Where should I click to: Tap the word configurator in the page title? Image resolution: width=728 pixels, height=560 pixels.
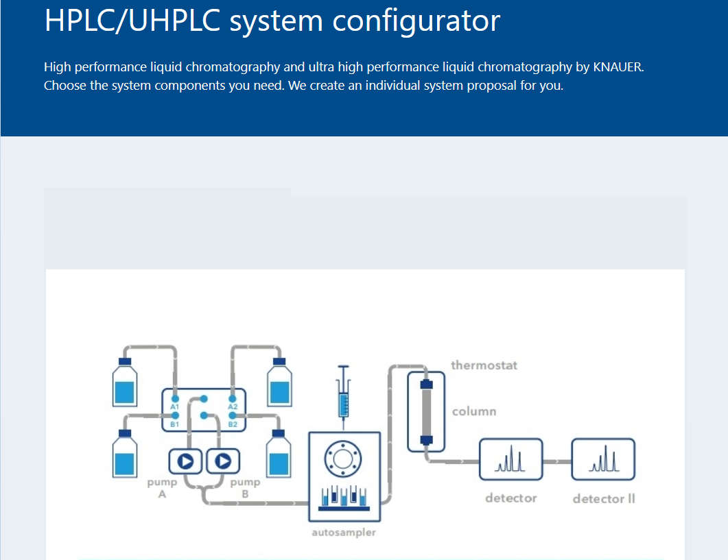(x=417, y=21)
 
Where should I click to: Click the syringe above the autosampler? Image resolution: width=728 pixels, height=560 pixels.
(x=344, y=394)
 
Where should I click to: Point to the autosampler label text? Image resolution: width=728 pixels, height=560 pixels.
(x=344, y=532)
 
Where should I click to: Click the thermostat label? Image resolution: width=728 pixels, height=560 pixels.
(x=484, y=365)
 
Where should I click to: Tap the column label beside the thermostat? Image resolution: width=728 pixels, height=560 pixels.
(x=474, y=411)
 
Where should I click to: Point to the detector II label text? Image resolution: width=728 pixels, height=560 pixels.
(x=604, y=498)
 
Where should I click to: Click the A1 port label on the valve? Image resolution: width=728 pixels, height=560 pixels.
(x=175, y=407)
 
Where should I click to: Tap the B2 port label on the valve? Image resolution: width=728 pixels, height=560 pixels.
(x=233, y=424)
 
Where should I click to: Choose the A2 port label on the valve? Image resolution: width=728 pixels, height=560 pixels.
(x=233, y=407)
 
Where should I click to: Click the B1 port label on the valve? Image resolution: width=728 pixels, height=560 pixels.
(x=175, y=424)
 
